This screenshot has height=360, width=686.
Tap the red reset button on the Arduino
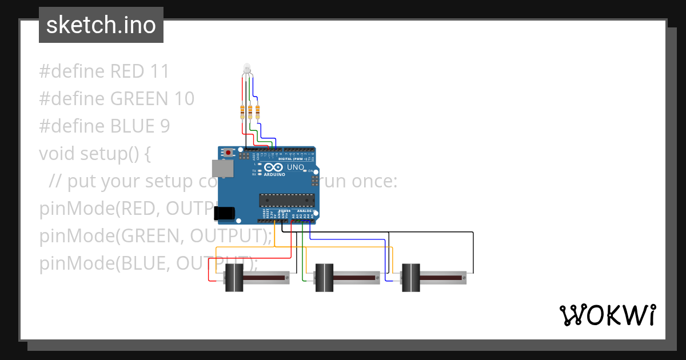[229, 153]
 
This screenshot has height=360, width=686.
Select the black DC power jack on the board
[224, 213]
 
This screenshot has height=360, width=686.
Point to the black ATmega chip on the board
[286, 199]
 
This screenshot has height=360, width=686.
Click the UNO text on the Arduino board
[295, 167]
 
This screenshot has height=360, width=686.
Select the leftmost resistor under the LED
[243, 111]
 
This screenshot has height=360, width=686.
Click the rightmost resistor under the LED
[257, 111]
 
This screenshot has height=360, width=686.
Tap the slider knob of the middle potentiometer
[324, 278]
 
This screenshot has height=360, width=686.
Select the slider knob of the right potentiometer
[410, 278]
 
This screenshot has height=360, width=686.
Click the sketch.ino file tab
[101, 25]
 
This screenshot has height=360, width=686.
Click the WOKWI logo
[607, 315]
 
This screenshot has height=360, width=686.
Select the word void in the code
[57, 154]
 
